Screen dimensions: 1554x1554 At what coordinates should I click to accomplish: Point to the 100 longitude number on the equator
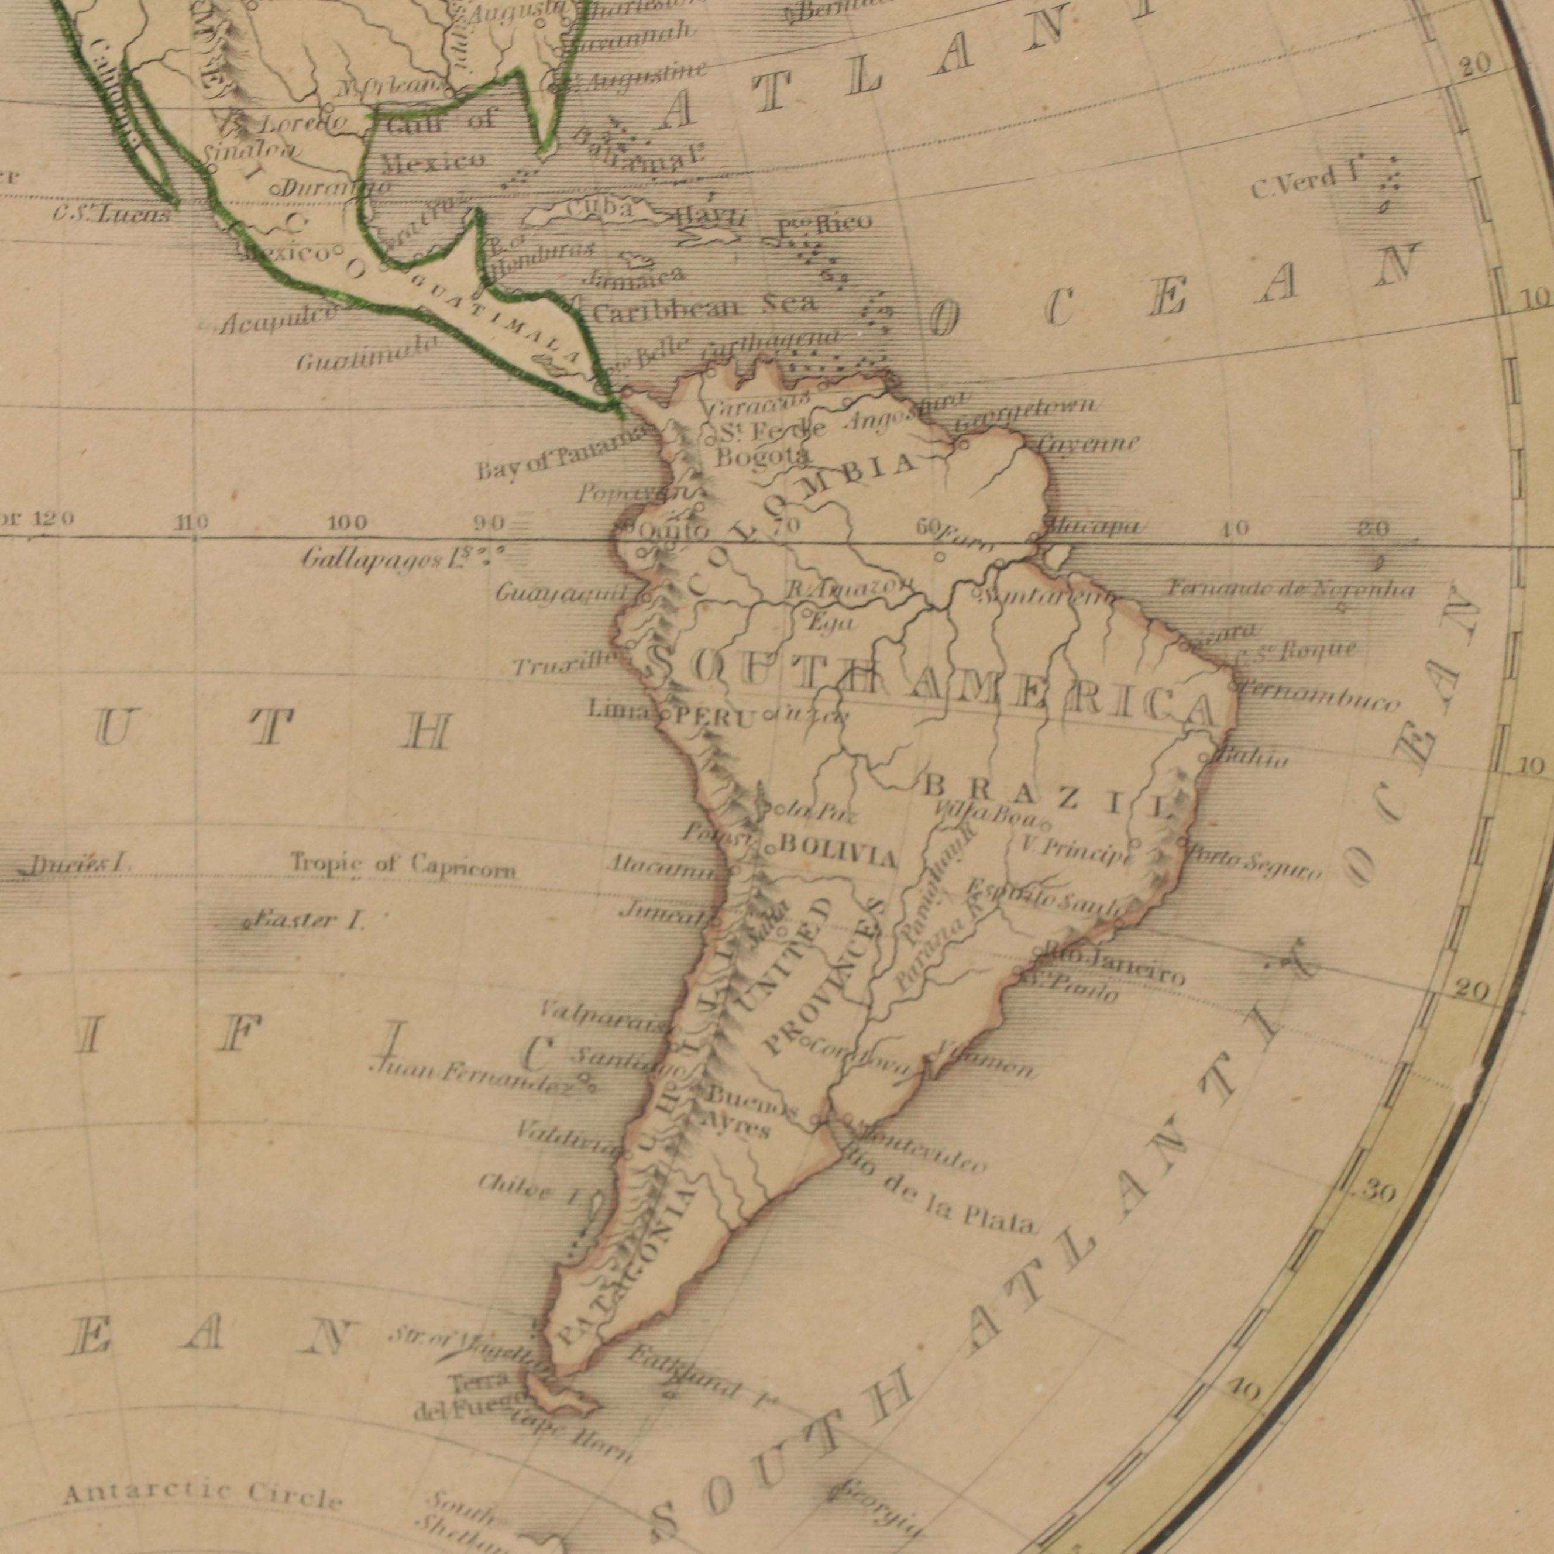[x=348, y=524]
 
